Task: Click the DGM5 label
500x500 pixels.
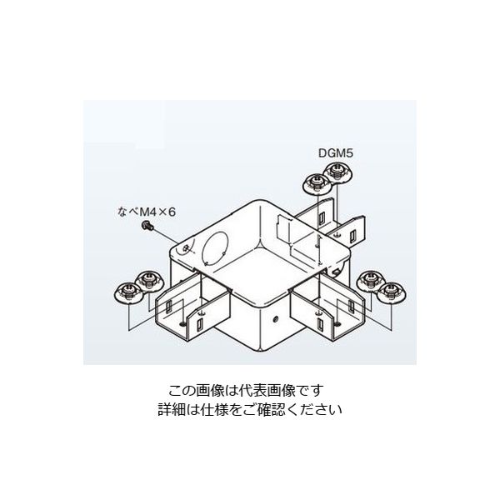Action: coord(337,152)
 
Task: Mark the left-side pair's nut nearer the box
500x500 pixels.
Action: coord(147,281)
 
